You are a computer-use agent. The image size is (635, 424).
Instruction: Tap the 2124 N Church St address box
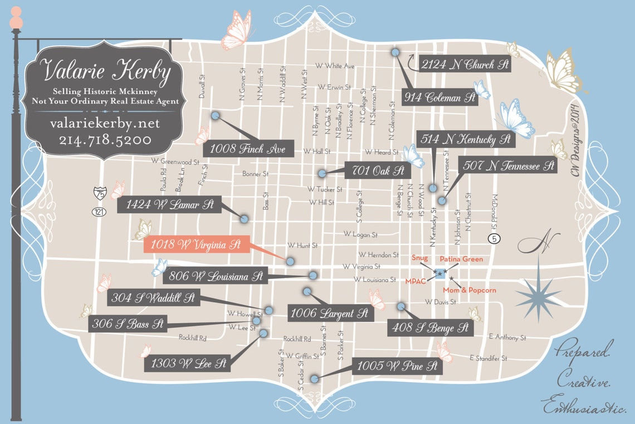465,64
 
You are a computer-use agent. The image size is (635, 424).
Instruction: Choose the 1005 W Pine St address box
397,367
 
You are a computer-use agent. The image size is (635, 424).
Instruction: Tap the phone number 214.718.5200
105,139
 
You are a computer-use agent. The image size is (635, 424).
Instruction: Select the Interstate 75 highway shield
99,193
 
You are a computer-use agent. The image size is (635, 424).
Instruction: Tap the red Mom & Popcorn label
469,290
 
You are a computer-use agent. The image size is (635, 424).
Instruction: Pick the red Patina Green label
461,259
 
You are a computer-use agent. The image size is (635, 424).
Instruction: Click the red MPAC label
416,281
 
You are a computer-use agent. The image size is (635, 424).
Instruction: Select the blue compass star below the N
538,292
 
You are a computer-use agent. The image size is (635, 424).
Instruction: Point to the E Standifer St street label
489,358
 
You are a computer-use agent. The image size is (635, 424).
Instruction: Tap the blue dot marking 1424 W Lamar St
244,219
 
